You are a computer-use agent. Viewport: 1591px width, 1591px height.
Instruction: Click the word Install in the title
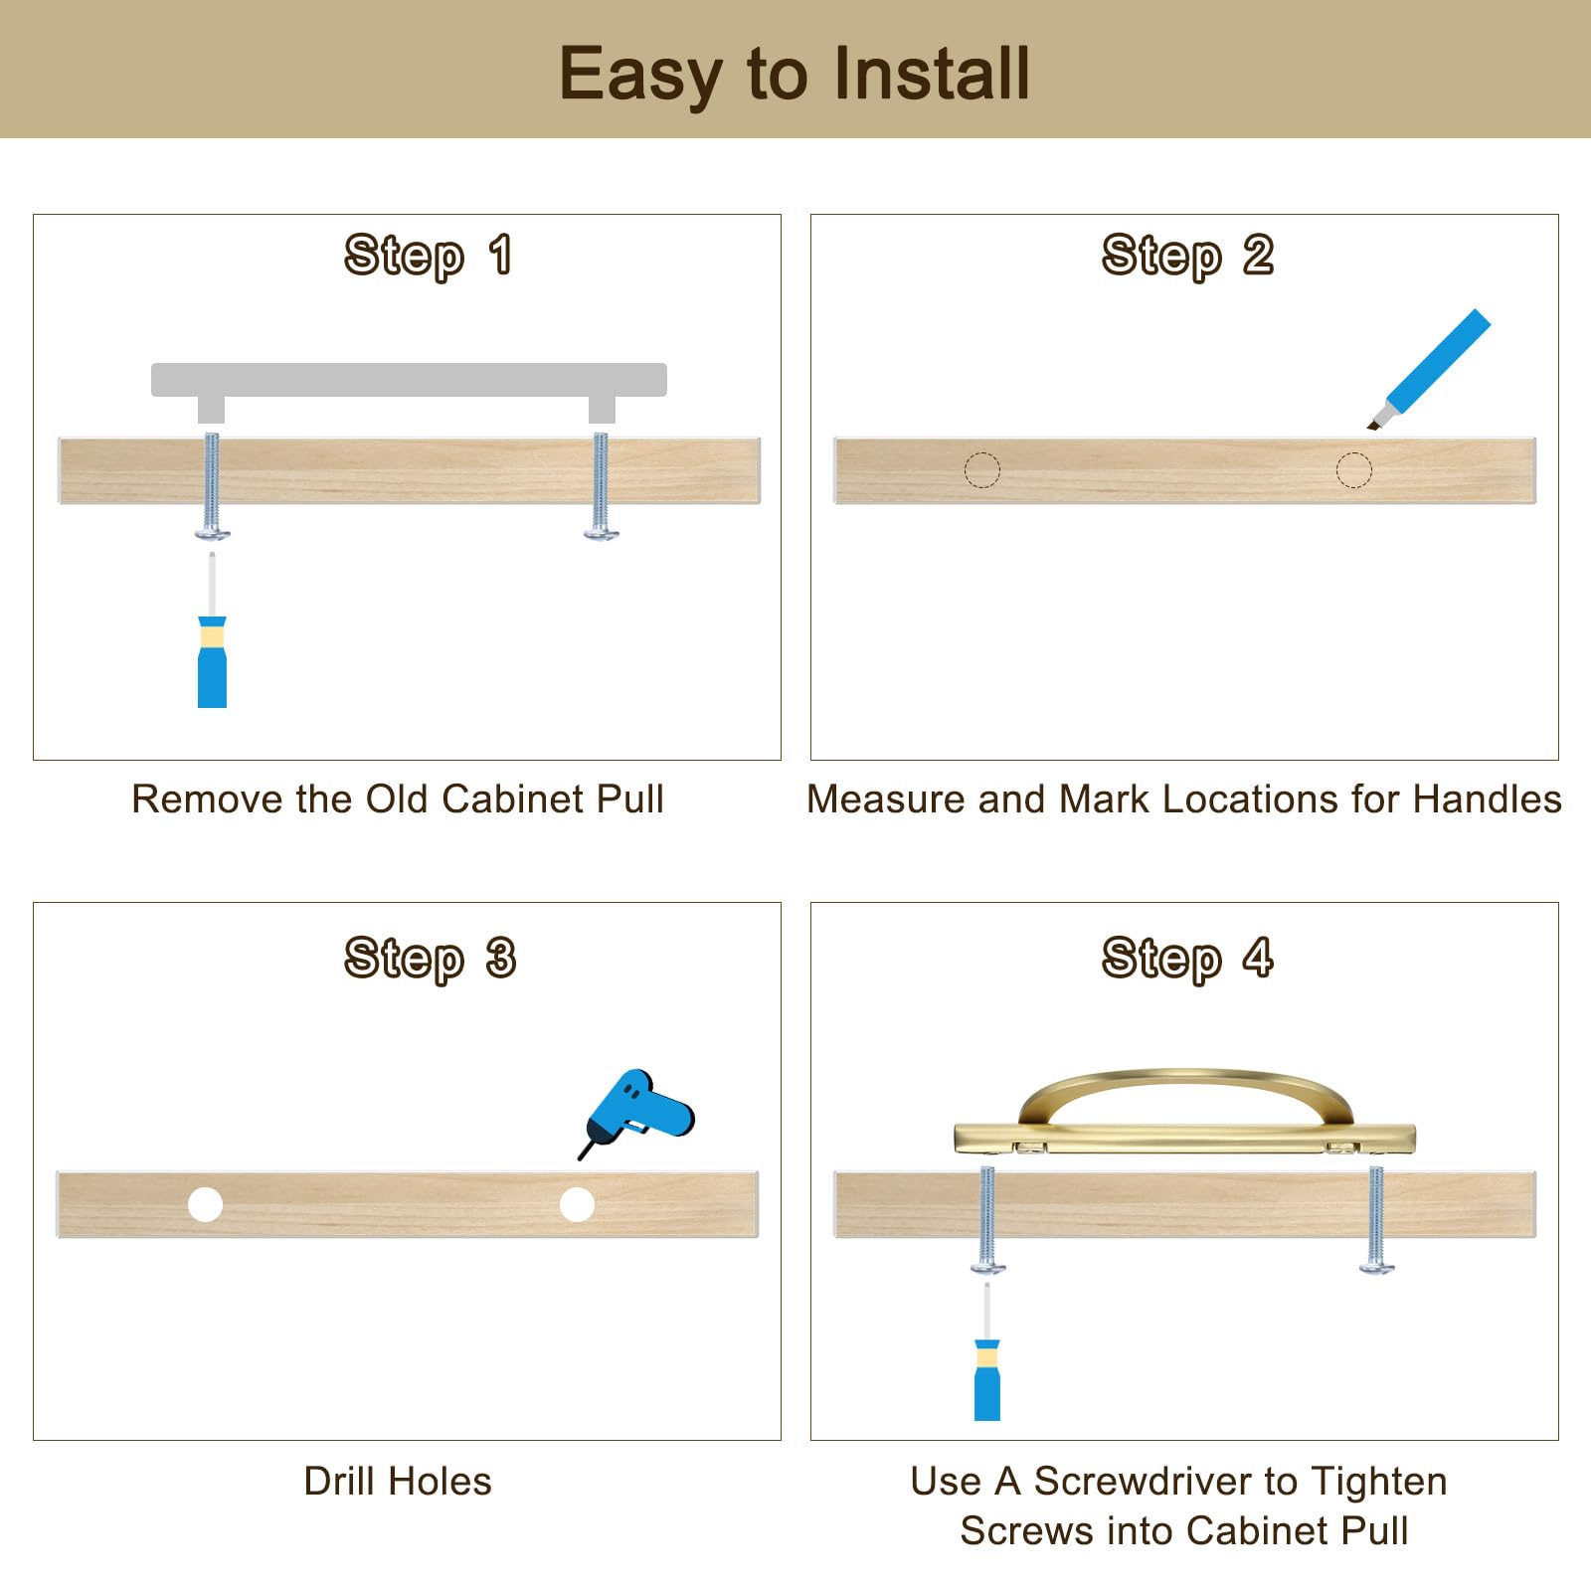coord(932,74)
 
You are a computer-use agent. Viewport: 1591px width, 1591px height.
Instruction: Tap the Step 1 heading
coord(429,256)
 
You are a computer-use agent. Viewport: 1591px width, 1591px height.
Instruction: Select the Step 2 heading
coord(1187,256)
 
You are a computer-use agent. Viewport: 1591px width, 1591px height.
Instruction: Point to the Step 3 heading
coord(430,959)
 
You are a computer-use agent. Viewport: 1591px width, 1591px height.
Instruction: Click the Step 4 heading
coord(1187,959)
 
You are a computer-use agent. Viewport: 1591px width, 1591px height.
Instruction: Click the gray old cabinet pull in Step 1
coord(409,381)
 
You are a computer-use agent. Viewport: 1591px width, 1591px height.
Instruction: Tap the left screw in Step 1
coord(212,486)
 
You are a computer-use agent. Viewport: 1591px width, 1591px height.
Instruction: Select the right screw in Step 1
coord(601,486)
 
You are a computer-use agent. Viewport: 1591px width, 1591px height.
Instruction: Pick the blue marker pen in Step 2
coord(1432,369)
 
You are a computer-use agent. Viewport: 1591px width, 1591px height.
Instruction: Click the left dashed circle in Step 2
coord(981,470)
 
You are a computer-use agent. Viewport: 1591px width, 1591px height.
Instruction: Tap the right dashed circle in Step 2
coord(1353,470)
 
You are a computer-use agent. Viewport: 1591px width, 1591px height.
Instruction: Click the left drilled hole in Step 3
coord(205,1204)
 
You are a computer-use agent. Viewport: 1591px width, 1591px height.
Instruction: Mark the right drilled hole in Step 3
coord(577,1204)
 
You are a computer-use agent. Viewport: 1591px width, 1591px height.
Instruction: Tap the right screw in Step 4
coord(1376,1220)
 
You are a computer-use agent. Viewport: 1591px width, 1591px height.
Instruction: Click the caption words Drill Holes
coord(398,1482)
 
